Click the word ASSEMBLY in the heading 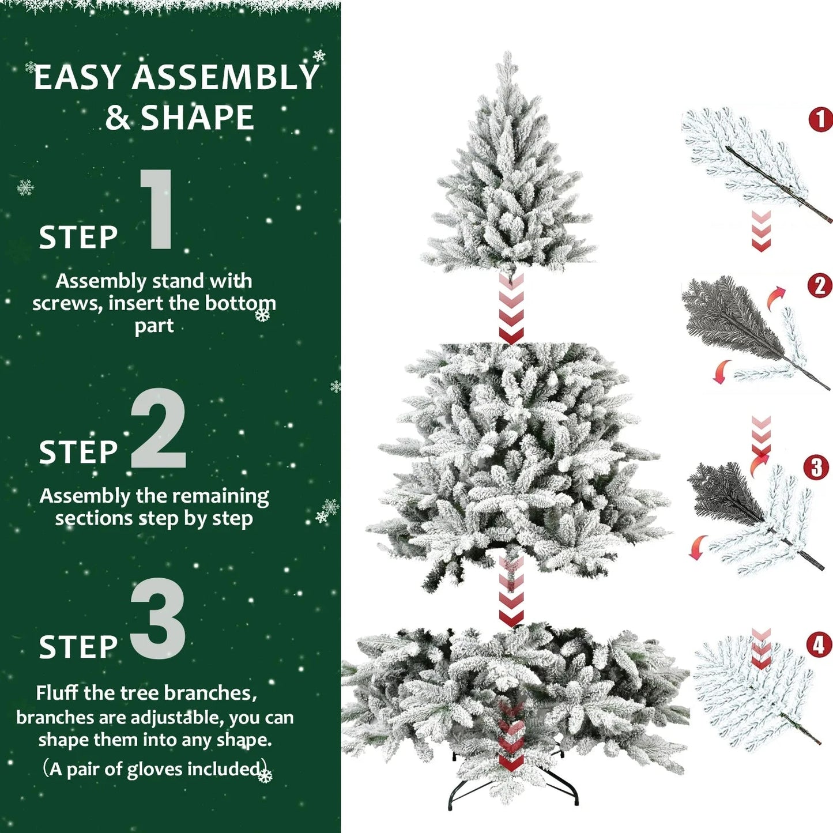tap(225, 77)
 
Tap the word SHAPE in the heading tap(197, 118)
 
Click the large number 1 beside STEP tap(157, 210)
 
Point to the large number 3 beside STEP tap(159, 619)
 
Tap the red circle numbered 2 tap(819, 286)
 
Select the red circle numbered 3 tap(816, 468)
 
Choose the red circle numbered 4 tap(819, 645)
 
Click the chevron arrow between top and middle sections tap(511, 308)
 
